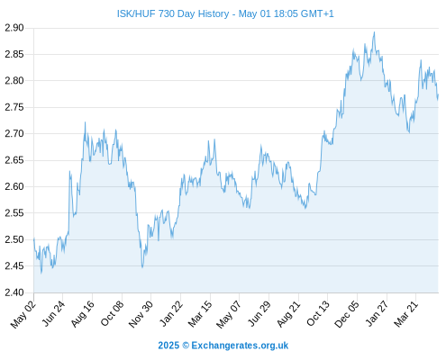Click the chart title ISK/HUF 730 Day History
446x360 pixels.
click(x=173, y=13)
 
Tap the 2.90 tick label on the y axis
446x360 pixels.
click(x=14, y=28)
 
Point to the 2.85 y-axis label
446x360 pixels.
click(x=14, y=54)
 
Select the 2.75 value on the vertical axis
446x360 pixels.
click(x=14, y=107)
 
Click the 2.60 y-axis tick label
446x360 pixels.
click(x=14, y=186)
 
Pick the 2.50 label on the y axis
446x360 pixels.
click(x=14, y=239)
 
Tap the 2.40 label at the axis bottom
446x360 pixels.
click(x=14, y=292)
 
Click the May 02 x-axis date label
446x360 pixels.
click(x=23, y=314)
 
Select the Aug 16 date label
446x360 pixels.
click(x=82, y=314)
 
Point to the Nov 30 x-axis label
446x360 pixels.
click(x=141, y=314)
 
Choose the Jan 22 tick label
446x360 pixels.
click(x=170, y=314)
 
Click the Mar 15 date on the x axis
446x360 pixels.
click(x=200, y=314)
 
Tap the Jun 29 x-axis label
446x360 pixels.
click(x=259, y=314)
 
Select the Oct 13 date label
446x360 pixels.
click(x=318, y=314)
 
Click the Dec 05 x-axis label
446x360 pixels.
click(x=346, y=314)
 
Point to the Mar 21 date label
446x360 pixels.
click(x=405, y=314)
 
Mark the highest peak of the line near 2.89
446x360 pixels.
click(x=374, y=32)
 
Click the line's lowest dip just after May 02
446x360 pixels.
click(x=41, y=273)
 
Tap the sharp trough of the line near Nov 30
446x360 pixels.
click(x=142, y=267)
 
